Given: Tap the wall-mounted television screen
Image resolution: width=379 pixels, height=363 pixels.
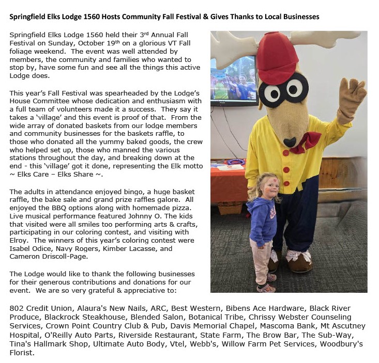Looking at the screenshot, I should click(234, 80).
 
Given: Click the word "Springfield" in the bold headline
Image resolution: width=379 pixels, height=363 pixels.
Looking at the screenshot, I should click(28, 17).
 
